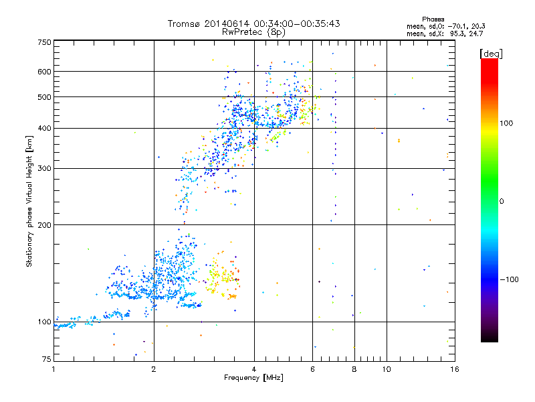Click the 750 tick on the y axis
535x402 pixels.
click(44, 42)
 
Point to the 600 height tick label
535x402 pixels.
click(44, 71)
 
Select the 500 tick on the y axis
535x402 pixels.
click(44, 96)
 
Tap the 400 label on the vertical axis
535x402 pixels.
click(44, 128)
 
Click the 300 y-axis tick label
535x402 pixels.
click(44, 168)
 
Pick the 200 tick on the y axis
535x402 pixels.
click(44, 224)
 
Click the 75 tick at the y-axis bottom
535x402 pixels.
click(46, 360)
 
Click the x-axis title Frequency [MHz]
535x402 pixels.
click(253, 378)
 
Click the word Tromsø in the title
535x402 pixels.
click(185, 24)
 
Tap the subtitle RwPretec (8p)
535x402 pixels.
click(253, 31)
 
